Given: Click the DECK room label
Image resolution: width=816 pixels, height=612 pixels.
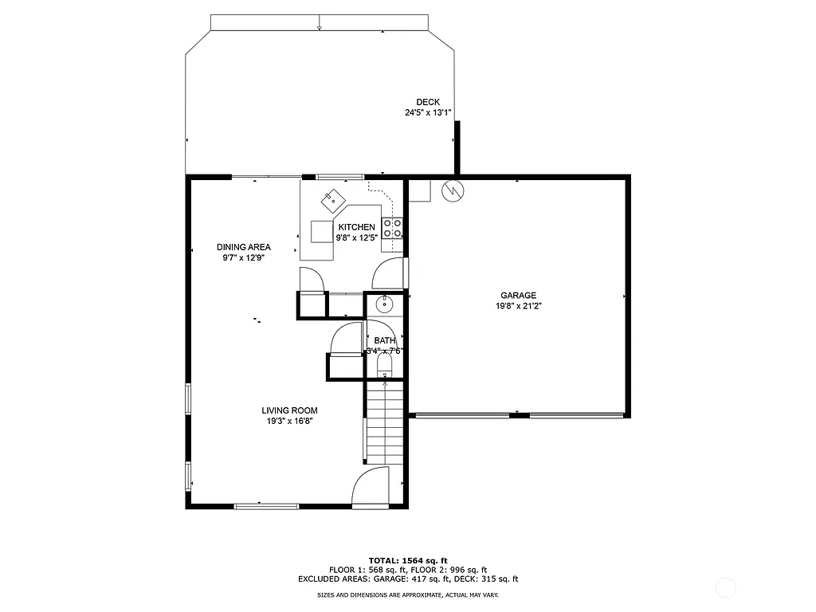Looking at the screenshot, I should pos(428,102).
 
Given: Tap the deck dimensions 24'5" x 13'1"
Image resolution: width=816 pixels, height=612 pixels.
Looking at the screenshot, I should pos(428,113).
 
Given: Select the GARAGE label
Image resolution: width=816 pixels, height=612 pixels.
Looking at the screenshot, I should pos(518,296).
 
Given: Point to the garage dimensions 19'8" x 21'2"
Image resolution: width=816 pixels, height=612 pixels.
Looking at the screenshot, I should pos(518,306).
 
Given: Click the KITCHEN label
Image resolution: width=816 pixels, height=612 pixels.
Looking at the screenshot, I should pos(356,227).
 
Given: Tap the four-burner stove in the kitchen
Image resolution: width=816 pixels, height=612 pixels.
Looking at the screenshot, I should pos(392,229).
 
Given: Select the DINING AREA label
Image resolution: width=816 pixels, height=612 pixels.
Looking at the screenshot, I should pos(243,247).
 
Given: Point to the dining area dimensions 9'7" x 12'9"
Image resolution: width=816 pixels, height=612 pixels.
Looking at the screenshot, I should pos(243,257).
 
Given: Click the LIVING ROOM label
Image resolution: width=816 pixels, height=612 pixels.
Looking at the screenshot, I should pos(289,411).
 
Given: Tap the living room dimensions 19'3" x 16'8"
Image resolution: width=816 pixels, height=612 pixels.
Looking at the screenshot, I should pos(289,422).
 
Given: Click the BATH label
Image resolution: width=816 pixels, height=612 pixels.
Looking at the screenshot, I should pos(385,341).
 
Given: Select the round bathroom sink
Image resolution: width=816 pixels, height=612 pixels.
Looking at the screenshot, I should pos(385,303).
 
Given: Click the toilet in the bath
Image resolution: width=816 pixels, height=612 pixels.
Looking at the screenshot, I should pos(385,367).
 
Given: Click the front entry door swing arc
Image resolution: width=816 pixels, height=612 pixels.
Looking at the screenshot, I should pos(371,486).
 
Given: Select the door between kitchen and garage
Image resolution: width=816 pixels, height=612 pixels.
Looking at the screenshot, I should pos(390,273).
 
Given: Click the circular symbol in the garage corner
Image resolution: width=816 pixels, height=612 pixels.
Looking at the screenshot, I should pos(452,191).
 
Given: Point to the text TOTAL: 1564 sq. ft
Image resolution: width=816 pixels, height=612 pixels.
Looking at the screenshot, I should pos(407,560).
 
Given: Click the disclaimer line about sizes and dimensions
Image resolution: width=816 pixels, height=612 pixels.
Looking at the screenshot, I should pos(407,595).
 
